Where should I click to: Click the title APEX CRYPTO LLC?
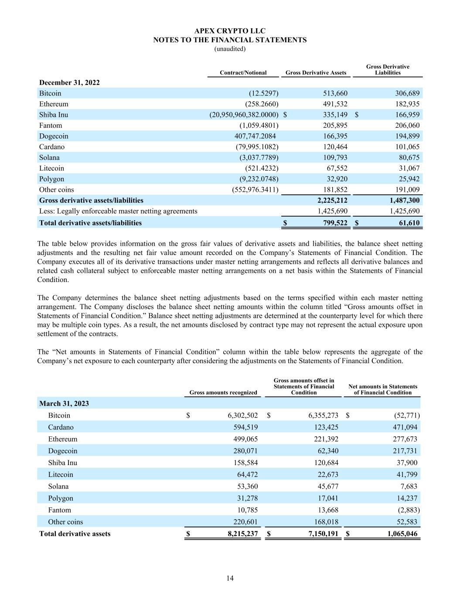(230, 31)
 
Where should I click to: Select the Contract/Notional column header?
(243, 73)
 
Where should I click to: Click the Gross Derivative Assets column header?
(316, 73)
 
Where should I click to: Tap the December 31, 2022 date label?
(69, 82)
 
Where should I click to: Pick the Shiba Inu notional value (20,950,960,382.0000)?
(244, 115)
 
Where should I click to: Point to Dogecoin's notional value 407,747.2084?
(255, 136)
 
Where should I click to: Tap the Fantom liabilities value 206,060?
(406, 126)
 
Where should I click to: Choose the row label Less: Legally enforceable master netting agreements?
(118, 211)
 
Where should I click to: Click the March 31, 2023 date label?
(64, 403)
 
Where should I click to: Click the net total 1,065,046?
(402, 534)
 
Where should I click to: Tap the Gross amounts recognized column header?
(223, 392)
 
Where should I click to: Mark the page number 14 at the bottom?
(230, 578)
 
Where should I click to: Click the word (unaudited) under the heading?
(230, 49)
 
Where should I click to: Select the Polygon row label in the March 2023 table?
(61, 498)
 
